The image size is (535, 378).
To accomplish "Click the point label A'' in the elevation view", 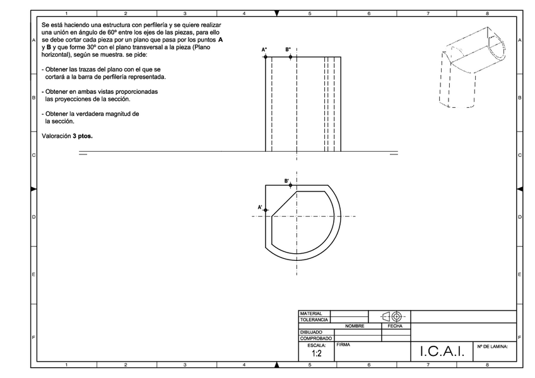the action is pyautogui.click(x=264, y=49).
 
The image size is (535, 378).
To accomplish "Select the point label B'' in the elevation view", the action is pyautogui.click(x=288, y=49).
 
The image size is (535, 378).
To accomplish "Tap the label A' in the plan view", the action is pyautogui.click(x=260, y=207).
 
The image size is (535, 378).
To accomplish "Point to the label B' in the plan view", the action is pyautogui.click(x=286, y=181).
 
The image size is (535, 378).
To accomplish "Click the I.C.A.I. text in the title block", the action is pyautogui.click(x=442, y=353).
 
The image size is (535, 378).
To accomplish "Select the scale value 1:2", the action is pyautogui.click(x=316, y=354).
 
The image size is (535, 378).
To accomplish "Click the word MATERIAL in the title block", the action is pyautogui.click(x=311, y=314).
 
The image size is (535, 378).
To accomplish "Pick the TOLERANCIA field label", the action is pyautogui.click(x=314, y=320).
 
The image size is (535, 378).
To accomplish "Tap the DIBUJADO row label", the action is pyautogui.click(x=311, y=332).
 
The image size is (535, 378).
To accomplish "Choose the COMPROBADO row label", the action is pyautogui.click(x=315, y=338).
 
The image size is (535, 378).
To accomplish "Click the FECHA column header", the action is pyautogui.click(x=396, y=326).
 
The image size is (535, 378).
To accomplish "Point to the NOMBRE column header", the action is pyautogui.click(x=355, y=326).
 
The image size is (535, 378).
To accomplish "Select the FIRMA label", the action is pyautogui.click(x=343, y=345).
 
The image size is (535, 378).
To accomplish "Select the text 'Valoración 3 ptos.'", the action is pyautogui.click(x=67, y=135).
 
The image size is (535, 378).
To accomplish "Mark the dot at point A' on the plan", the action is pyautogui.click(x=266, y=210).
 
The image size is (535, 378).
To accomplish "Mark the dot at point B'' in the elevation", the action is pyautogui.click(x=290, y=57).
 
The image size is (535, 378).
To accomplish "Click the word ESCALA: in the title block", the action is pyautogui.click(x=316, y=345).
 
